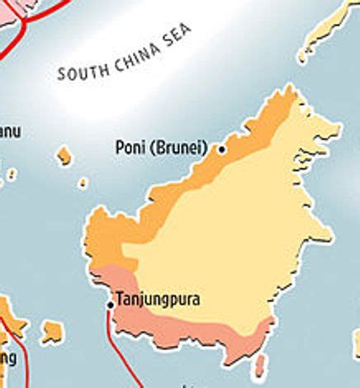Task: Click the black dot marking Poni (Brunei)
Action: pyautogui.click(x=221, y=149)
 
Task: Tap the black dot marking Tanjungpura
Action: pyautogui.click(x=111, y=305)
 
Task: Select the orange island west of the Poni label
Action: pyautogui.click(x=64, y=155)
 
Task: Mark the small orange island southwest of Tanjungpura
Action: pyautogui.click(x=52, y=332)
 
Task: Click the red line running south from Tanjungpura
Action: pyautogui.click(x=116, y=347)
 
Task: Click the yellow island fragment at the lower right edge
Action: pyautogui.click(x=356, y=343)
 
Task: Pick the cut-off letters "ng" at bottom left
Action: pyautogui.click(x=8, y=358)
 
